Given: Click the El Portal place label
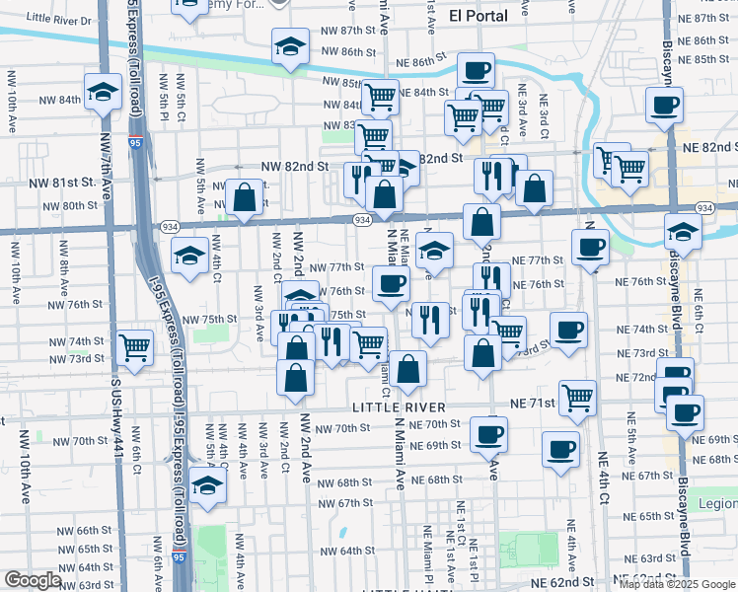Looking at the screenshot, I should point(478,15).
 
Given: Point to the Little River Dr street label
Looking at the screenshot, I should point(58,19).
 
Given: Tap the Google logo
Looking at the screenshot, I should point(32,580).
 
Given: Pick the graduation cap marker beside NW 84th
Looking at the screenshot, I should point(103,93).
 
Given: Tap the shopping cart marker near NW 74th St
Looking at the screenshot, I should point(134,347).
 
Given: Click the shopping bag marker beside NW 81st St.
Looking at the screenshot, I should point(244,198).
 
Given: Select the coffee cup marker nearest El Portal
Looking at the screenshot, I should point(476,71).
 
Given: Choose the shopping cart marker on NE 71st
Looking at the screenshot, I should point(578,398).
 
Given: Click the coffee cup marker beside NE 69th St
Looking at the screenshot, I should point(488,433).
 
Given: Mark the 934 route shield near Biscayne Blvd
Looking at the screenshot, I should point(704,208).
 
